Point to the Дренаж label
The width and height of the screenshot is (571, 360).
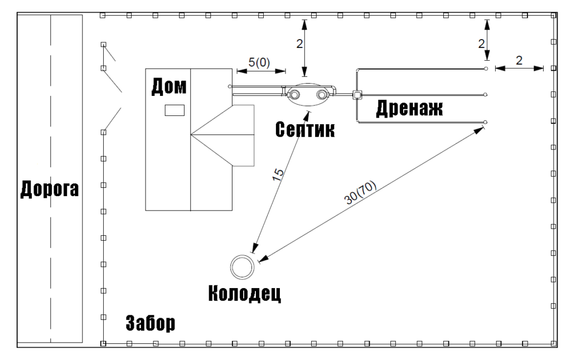(x=409, y=108)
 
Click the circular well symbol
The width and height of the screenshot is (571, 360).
(x=243, y=266)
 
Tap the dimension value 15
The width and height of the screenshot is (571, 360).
(x=278, y=173)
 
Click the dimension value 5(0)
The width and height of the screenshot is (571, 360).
(x=259, y=63)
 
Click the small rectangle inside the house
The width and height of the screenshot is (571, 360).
(x=174, y=110)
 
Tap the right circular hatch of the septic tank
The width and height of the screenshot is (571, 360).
(x=321, y=95)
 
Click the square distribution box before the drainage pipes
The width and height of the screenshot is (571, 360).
(x=356, y=95)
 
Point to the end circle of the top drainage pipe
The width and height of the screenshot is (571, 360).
(x=486, y=69)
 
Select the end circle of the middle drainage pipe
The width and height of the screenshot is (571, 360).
(x=486, y=95)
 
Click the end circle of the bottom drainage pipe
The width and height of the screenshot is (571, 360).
(x=486, y=121)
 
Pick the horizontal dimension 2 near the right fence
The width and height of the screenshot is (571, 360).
(x=519, y=61)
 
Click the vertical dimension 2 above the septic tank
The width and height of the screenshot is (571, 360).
(x=299, y=45)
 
